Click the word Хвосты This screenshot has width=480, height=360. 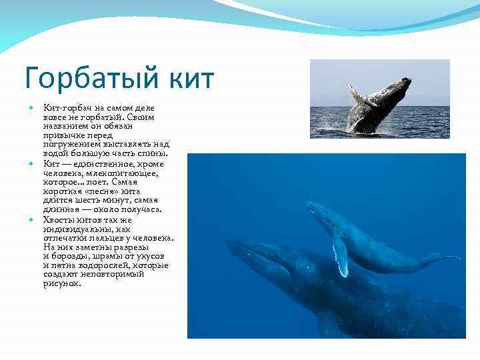point(58,219)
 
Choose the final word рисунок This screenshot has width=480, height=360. point(62,283)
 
